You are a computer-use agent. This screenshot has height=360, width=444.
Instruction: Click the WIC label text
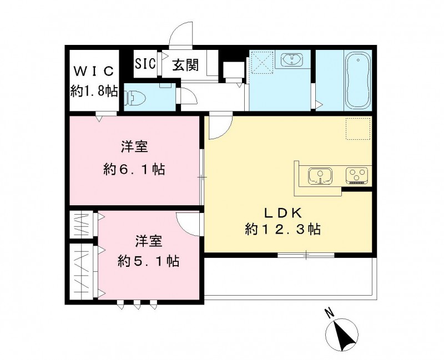point(94,71)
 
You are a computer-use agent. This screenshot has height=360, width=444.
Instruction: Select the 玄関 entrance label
point(185,65)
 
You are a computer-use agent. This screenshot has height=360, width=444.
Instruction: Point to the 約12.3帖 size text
point(283,229)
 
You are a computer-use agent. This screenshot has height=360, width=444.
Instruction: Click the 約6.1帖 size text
point(134,169)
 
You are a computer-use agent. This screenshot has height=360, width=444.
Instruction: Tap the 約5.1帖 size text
point(148,260)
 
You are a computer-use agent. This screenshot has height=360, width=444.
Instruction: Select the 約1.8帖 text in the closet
point(94,90)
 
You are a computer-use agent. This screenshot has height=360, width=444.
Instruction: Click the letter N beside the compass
point(329,313)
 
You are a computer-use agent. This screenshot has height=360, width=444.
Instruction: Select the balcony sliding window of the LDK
point(306,255)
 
